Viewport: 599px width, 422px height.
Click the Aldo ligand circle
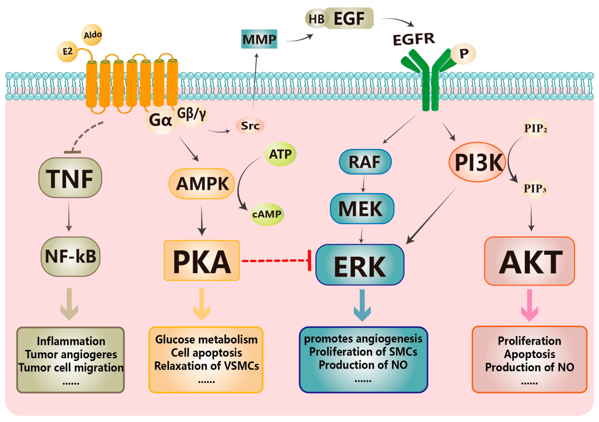point(92,35)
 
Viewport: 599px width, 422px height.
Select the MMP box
point(259,39)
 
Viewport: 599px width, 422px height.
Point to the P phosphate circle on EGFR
point(464,54)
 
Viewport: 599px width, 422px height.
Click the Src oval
point(250,126)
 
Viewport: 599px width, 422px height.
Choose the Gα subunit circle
point(160,120)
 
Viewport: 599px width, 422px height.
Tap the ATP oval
point(280,154)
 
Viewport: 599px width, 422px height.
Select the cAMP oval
point(267,214)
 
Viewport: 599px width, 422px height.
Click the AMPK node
point(202,184)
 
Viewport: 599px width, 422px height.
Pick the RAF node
point(365,162)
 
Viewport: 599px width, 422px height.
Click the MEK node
point(362,209)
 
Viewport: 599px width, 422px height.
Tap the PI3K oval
point(477,162)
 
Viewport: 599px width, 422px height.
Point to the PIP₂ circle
point(535,128)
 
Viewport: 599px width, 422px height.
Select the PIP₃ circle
point(535,189)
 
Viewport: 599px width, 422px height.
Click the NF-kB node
point(70,256)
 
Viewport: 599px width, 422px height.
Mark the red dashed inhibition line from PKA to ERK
point(274,260)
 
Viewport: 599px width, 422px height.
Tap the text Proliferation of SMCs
point(363,352)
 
